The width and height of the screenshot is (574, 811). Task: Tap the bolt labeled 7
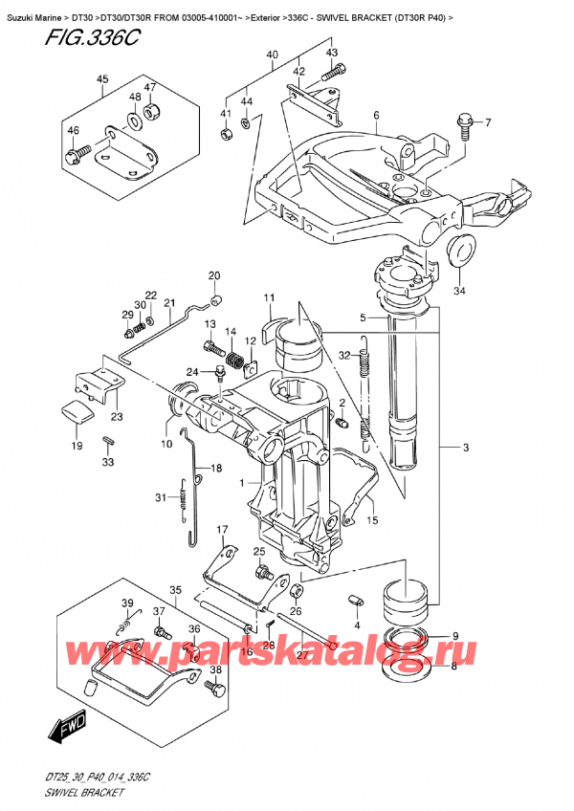[x=465, y=123]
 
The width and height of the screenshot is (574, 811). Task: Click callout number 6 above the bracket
[x=376, y=116]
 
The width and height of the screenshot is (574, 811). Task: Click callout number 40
[x=273, y=55]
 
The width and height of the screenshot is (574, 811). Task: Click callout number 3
[x=466, y=448]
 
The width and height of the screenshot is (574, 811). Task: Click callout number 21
[x=168, y=304]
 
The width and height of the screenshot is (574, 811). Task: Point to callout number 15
[x=372, y=520]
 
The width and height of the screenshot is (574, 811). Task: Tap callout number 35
[x=175, y=589]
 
